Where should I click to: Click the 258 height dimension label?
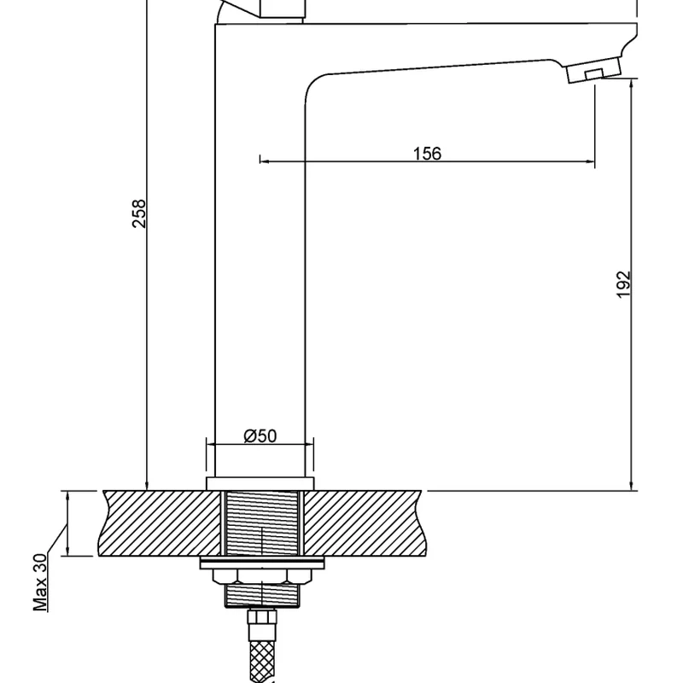click(x=140, y=213)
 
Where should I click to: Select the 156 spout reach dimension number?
click(x=427, y=154)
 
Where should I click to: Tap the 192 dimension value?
click(x=623, y=284)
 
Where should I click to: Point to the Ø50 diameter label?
click(x=260, y=436)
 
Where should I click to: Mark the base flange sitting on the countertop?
click(x=260, y=484)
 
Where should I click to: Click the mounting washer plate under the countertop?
click(x=260, y=563)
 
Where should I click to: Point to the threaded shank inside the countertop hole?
click(x=260, y=522)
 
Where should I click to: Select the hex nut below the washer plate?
click(x=260, y=591)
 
